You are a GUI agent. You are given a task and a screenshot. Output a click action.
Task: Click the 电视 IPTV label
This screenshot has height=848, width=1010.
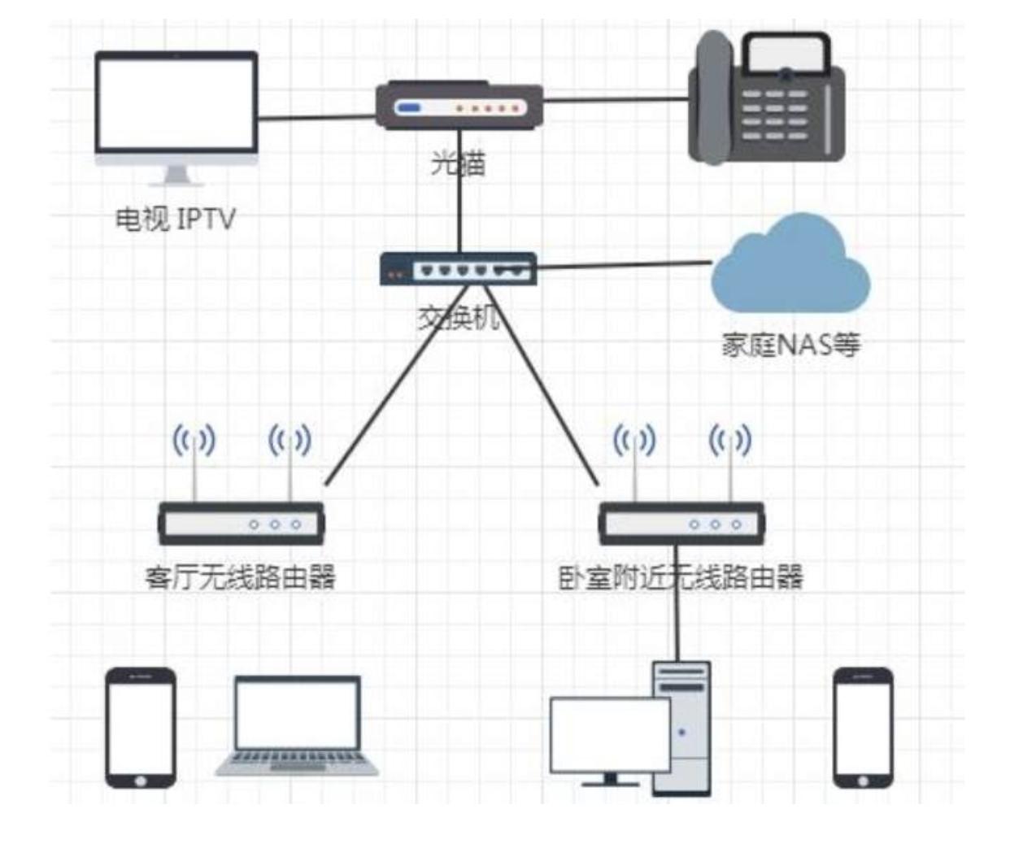tap(175, 219)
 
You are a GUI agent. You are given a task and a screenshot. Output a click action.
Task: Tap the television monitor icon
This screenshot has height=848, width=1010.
tap(176, 106)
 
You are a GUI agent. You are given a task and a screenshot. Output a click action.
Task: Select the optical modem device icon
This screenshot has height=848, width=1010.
tap(459, 107)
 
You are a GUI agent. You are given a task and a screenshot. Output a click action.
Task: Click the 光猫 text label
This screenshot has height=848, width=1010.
tap(458, 163)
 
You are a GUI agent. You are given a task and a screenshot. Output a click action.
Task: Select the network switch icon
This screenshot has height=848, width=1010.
tap(459, 269)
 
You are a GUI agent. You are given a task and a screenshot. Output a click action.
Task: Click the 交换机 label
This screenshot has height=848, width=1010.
tap(459, 317)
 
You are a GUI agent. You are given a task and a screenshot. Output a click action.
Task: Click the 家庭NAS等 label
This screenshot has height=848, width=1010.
tap(790, 345)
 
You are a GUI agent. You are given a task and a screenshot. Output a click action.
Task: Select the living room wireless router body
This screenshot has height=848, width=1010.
tap(242, 524)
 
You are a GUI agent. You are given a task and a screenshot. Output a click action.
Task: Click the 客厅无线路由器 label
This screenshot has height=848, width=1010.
tap(241, 577)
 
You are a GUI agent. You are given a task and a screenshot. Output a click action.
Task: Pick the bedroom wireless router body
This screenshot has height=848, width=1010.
tap(681, 524)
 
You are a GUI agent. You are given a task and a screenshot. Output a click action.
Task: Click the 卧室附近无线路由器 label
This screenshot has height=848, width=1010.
tap(681, 577)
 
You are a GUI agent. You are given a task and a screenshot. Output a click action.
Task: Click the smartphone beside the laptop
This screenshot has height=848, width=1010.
tap(141, 727)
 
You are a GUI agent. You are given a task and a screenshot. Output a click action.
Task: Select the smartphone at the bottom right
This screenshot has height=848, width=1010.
tap(863, 727)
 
